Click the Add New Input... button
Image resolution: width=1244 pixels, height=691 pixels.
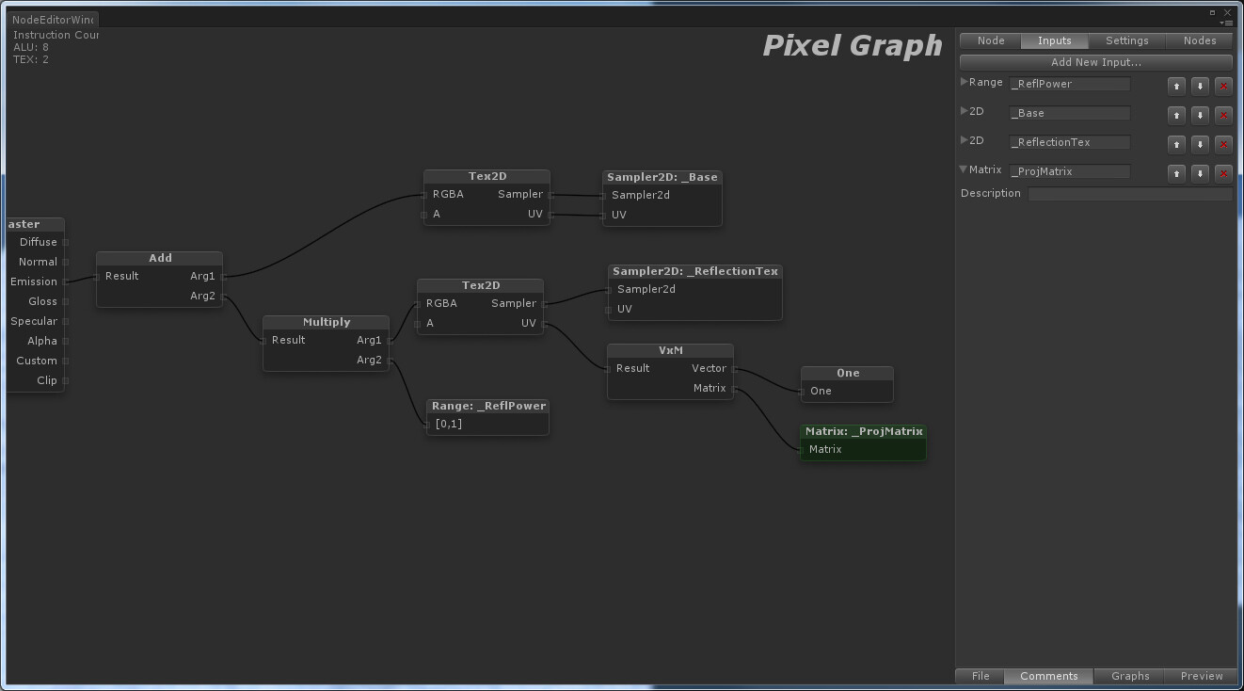[x=1095, y=62]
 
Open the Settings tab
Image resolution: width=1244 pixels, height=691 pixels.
[x=1126, y=41]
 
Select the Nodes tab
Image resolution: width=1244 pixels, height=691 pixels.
[x=1199, y=41]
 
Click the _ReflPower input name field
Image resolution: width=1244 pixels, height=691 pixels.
[x=1069, y=84]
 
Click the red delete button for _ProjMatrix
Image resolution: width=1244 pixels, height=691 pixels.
[x=1223, y=173]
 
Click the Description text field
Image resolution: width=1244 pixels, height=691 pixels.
[x=1129, y=194]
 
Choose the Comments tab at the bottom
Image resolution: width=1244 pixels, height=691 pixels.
[x=1048, y=676]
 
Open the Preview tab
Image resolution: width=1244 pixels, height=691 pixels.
[x=1202, y=676]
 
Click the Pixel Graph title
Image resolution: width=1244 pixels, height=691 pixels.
[x=852, y=45]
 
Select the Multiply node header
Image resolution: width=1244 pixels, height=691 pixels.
[x=326, y=322]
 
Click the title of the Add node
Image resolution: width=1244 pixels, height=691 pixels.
[x=160, y=258]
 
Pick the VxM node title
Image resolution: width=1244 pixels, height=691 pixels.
[x=670, y=350]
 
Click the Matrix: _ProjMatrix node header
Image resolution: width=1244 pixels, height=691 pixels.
[x=863, y=431]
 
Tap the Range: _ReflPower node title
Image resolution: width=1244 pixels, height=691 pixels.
[x=487, y=406]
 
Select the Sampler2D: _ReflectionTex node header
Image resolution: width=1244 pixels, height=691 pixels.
[x=694, y=271]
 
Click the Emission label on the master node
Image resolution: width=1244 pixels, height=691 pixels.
[x=34, y=281]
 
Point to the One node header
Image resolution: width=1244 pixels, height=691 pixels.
[x=847, y=373]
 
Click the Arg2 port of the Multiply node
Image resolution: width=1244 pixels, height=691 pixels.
[x=390, y=361]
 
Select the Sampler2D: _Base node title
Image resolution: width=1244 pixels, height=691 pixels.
[x=662, y=177]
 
